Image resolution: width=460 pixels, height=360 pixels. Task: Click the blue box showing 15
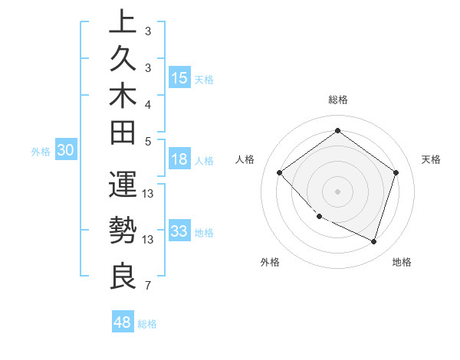point(179,78)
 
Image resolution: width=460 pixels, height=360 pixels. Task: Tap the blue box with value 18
point(179,160)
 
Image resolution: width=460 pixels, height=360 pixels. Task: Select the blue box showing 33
point(179,231)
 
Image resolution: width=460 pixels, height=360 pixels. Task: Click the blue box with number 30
point(66,151)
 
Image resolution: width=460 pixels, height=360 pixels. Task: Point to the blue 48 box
point(123,322)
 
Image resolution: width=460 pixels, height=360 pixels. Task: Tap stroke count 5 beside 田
point(147,141)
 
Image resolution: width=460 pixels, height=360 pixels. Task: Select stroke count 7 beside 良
point(147,286)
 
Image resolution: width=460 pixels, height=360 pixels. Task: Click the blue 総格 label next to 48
point(147,324)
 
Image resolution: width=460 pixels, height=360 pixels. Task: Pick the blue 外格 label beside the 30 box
point(41,152)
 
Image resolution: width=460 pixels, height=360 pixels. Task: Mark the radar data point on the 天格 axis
point(396,172)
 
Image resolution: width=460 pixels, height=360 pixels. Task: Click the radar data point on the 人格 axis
point(280,172)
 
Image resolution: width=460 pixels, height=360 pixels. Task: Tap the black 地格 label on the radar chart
point(402,262)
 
